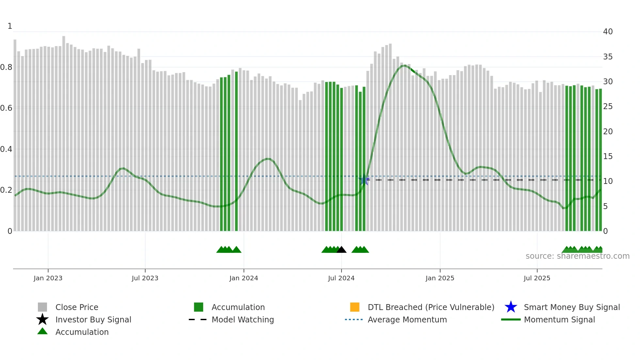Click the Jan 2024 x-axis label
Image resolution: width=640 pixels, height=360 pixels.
click(x=244, y=278)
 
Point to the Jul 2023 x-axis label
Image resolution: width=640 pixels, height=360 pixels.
click(x=145, y=278)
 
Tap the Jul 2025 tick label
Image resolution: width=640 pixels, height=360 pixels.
click(x=537, y=278)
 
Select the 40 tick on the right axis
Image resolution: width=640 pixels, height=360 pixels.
click(x=608, y=32)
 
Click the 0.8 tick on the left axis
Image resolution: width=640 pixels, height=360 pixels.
click(x=6, y=67)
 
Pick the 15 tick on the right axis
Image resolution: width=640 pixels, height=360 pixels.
click(x=608, y=156)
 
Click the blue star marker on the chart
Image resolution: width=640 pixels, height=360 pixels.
click(x=364, y=180)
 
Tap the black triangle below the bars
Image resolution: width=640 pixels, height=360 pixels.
click(x=341, y=250)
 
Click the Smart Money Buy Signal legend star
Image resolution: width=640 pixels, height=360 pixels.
click(x=511, y=307)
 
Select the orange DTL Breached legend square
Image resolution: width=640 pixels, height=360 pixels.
click(x=355, y=307)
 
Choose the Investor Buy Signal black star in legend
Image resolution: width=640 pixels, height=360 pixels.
click(x=42, y=319)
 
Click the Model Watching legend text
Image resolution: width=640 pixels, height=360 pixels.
click(x=243, y=319)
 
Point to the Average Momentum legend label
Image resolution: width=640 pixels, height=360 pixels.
click(x=407, y=319)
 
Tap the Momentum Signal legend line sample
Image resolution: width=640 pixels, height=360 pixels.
click(x=511, y=319)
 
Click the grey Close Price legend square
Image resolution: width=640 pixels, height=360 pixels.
click(x=42, y=307)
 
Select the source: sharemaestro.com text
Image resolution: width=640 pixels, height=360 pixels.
click(x=577, y=256)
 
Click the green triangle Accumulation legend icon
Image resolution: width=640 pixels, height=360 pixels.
click(x=42, y=331)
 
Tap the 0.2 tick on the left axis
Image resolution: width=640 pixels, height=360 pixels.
click(x=6, y=190)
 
